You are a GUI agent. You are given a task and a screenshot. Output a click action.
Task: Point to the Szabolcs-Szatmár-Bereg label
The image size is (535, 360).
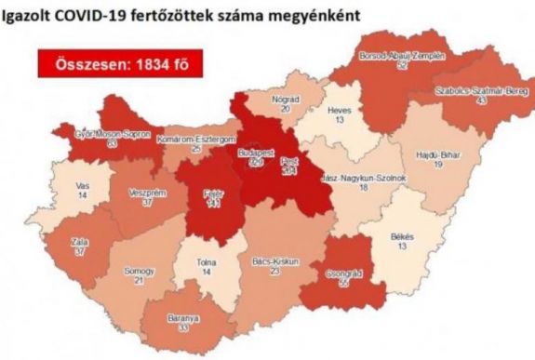click(479, 91)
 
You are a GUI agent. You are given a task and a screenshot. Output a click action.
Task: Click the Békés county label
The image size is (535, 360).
click(402, 237)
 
